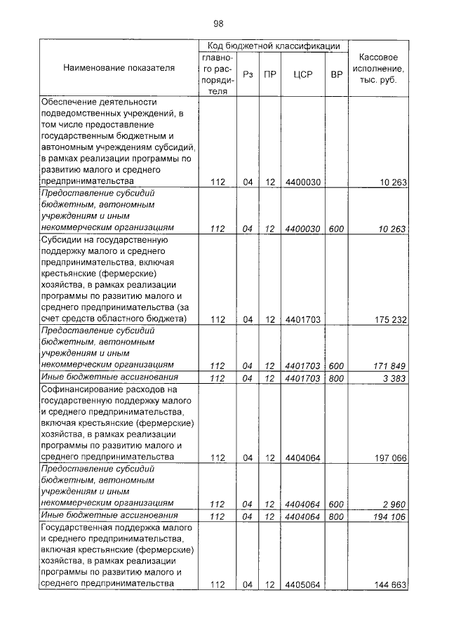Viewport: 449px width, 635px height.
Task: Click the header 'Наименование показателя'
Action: (119, 68)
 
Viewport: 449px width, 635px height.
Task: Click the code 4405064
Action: (303, 584)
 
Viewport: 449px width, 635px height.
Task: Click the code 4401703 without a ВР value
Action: (303, 319)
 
